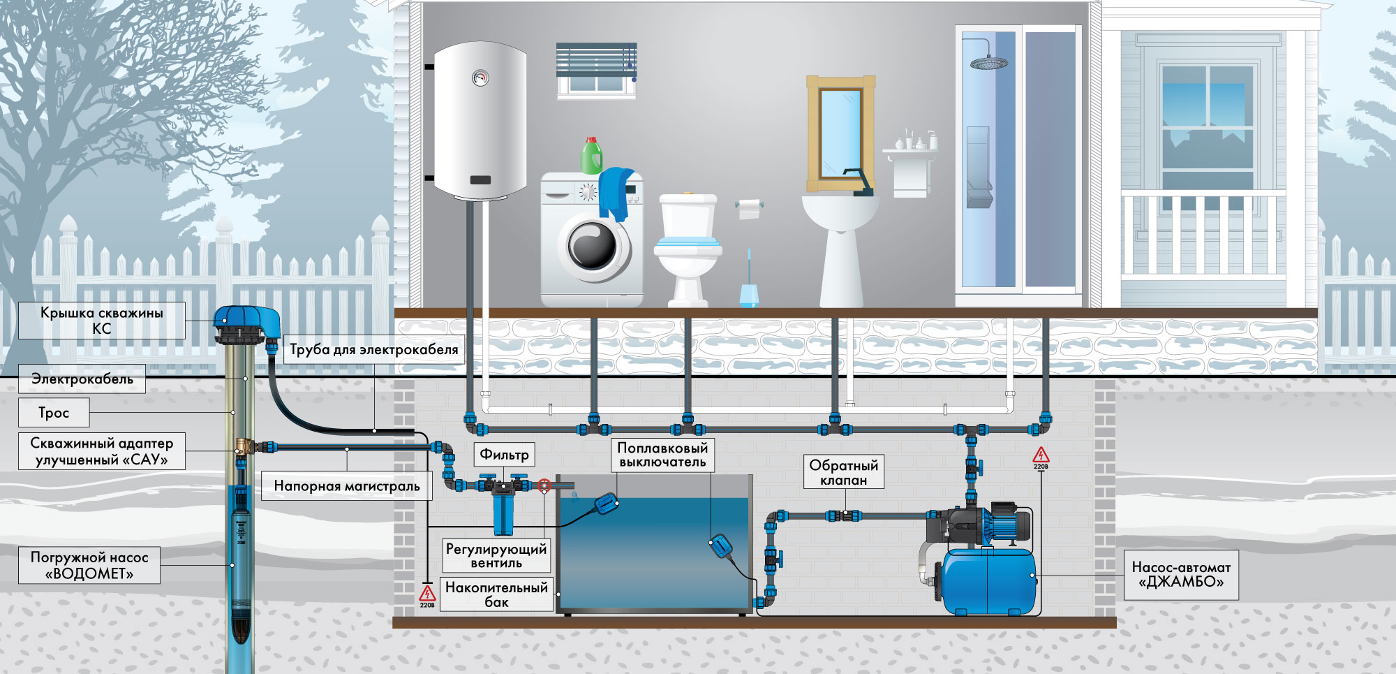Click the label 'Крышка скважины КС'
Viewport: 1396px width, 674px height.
click(102, 321)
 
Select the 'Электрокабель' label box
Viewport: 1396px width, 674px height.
click(82, 379)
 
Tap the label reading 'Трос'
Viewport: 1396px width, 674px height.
click(54, 413)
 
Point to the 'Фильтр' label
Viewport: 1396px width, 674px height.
click(504, 455)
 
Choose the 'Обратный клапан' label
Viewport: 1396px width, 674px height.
click(844, 472)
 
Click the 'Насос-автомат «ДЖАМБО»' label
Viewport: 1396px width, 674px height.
click(1181, 575)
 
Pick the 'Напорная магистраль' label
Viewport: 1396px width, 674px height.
click(347, 486)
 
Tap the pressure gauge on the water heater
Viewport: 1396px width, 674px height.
click(480, 78)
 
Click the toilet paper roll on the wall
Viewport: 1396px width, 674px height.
click(749, 208)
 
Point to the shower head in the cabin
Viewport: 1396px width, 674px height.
click(988, 63)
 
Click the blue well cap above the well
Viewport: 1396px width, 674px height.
click(246, 323)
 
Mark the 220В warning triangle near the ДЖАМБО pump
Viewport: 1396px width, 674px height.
click(1041, 456)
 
